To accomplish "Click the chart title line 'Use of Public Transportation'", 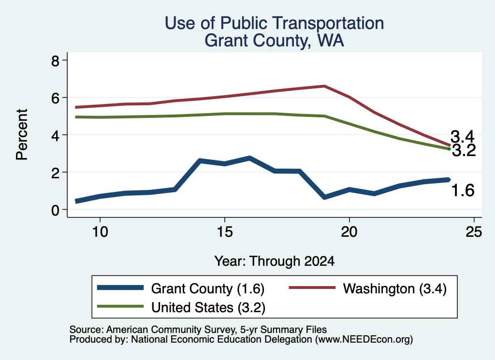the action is click(275, 23).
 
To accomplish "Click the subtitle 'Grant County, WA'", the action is click(275, 41).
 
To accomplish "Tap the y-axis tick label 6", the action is click(55, 98).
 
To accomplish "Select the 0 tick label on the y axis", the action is click(55, 210).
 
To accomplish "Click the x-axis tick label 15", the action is click(225, 232).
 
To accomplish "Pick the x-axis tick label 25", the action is click(474, 232).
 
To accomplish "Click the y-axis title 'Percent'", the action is click(22, 135).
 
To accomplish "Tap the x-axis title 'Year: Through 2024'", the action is click(275, 261).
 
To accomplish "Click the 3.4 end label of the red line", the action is click(462, 137).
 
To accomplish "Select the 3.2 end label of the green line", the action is click(464, 150).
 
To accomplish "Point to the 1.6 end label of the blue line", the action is click(463, 190).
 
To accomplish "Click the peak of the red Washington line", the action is click(324, 86).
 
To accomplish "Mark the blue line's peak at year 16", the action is click(249, 158).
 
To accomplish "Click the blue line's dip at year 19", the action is click(324, 197).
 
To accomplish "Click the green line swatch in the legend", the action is click(120, 306).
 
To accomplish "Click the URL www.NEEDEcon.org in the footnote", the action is click(364, 340).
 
